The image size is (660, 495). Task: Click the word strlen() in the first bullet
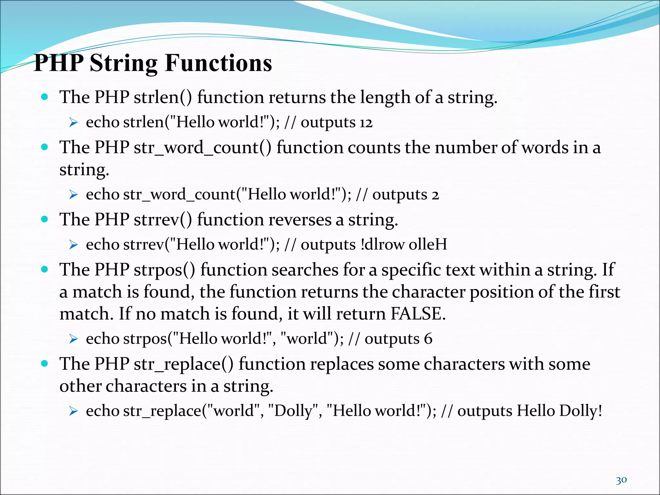coord(163,97)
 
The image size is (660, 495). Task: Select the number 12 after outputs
coord(366,123)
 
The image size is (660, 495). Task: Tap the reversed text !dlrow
coord(382,245)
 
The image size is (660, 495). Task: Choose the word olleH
coord(428,245)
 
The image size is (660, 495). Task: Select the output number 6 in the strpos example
coord(428,339)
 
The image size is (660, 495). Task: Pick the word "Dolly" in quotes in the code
coord(293,411)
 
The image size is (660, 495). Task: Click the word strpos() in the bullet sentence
coord(164,270)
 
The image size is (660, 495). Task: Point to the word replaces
coord(342,364)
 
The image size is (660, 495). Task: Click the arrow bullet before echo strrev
coord(73,245)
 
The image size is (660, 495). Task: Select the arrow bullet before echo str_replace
coord(73,411)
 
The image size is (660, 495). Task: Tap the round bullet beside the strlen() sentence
coord(45,97)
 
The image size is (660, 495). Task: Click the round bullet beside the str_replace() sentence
coord(45,364)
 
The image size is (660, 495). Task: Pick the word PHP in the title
coord(59,63)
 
